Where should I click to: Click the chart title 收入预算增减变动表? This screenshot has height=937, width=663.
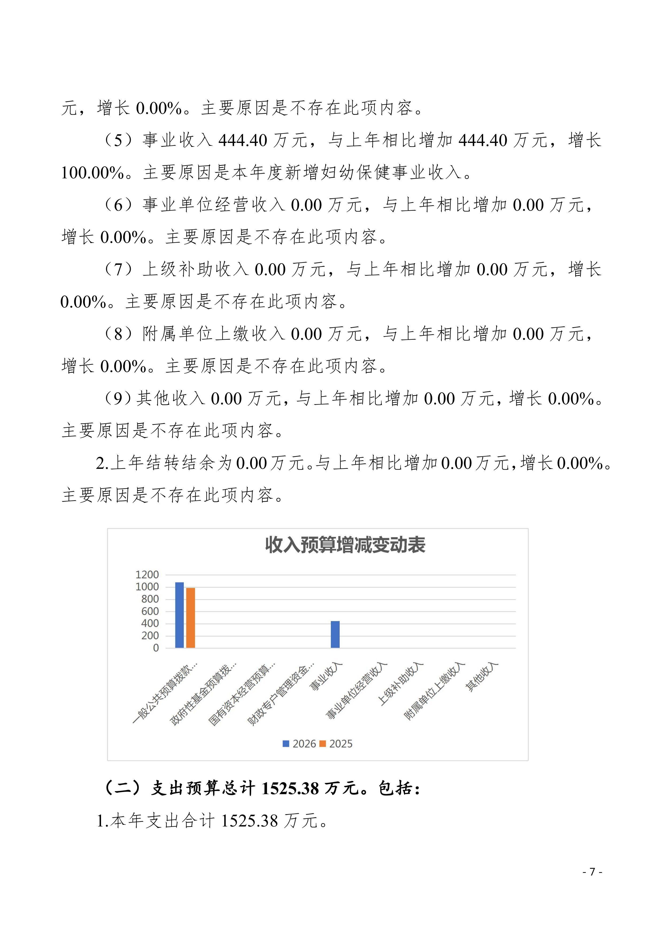tap(345, 545)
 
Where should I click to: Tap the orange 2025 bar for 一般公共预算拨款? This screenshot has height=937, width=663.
tap(190, 618)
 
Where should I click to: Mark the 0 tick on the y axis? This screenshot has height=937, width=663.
tap(156, 648)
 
